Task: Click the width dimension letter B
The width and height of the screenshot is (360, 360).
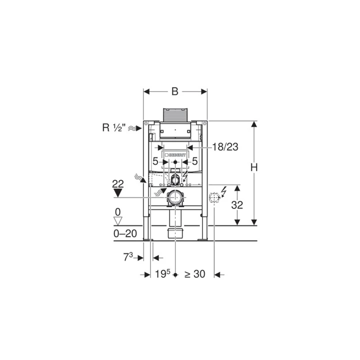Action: coord(175,91)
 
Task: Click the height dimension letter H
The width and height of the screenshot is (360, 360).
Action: coord(254,167)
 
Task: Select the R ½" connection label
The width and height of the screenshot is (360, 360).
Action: coord(114,127)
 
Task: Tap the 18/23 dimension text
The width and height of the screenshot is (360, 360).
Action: coord(225,147)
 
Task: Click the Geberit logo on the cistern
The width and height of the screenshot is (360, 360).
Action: coord(175,154)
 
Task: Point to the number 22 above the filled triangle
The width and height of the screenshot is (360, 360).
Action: coord(118,184)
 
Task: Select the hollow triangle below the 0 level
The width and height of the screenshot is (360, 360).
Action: coord(118,221)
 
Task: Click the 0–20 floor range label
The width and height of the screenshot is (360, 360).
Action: coord(125,233)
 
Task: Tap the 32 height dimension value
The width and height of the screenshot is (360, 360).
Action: coord(237,205)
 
